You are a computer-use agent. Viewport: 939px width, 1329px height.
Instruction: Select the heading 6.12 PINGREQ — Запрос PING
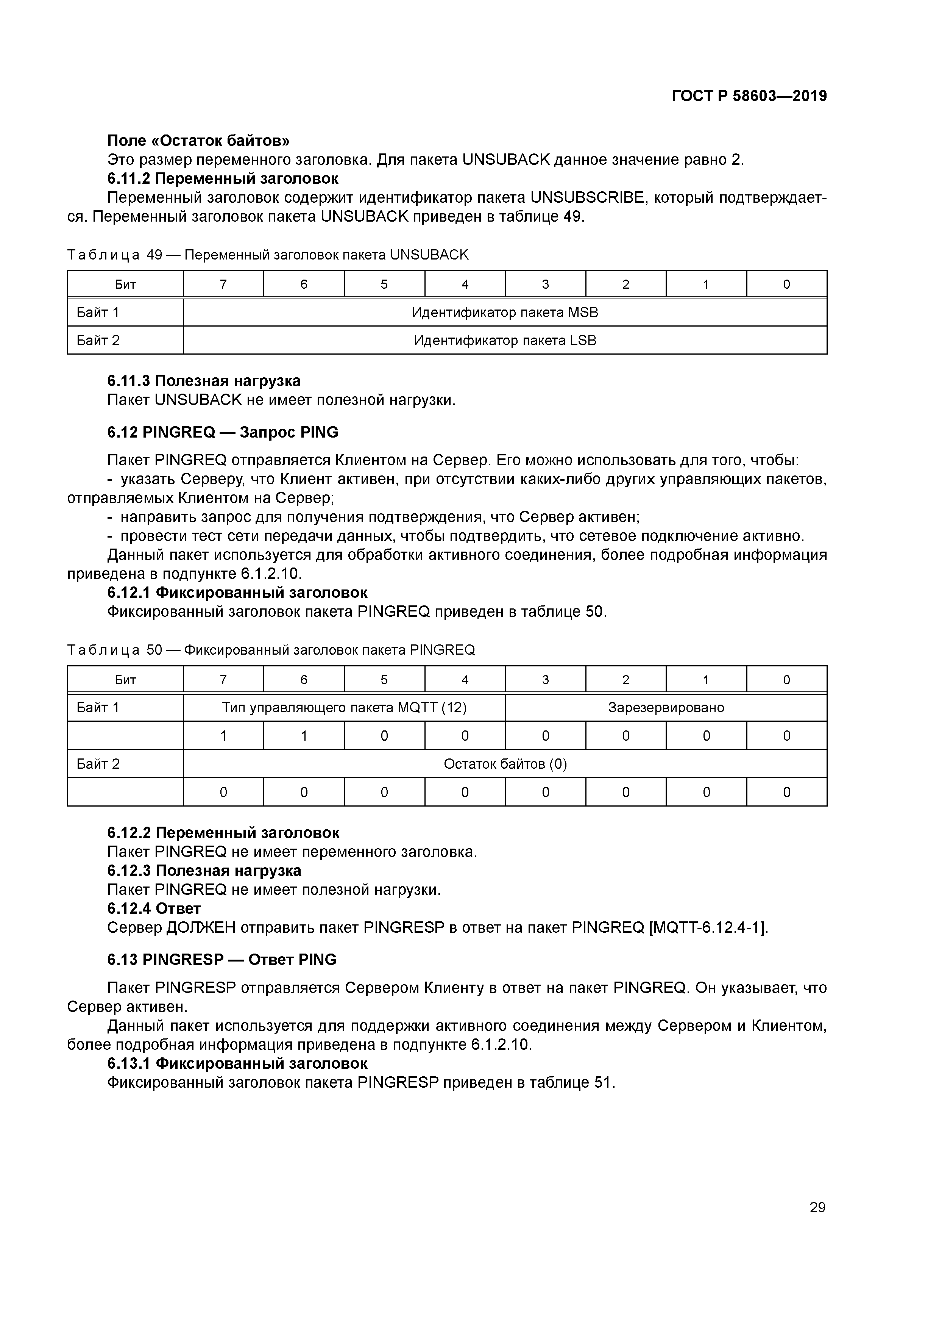pyautogui.click(x=223, y=432)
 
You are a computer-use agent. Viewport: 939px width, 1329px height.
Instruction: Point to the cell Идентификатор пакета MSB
pyautogui.click(x=504, y=313)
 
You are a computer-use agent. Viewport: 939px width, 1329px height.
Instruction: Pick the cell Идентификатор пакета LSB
pyautogui.click(x=504, y=340)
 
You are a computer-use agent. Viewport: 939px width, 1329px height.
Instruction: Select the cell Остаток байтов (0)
pyautogui.click(x=504, y=764)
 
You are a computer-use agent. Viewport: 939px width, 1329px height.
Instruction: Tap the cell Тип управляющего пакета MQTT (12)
pyautogui.click(x=344, y=707)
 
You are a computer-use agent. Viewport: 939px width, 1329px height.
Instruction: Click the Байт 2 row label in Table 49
pyautogui.click(x=98, y=340)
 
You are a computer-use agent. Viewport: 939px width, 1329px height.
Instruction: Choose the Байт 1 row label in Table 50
pyautogui.click(x=98, y=707)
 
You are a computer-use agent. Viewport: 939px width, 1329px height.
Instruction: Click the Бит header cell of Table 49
pyautogui.click(x=125, y=284)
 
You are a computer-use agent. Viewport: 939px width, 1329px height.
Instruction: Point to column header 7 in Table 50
pyautogui.click(x=223, y=680)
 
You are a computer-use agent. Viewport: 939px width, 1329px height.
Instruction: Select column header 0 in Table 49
pyautogui.click(x=786, y=284)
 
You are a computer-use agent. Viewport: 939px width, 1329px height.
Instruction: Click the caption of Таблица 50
pyautogui.click(x=271, y=650)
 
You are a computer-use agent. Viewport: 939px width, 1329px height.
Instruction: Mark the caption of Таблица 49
pyautogui.click(x=267, y=255)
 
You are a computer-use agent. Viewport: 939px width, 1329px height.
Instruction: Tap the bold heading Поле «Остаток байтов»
pyautogui.click(x=198, y=141)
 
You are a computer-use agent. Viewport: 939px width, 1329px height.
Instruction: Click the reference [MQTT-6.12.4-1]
pyautogui.click(x=709, y=928)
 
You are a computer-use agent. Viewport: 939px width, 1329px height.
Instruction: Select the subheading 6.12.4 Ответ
pyautogui.click(x=154, y=909)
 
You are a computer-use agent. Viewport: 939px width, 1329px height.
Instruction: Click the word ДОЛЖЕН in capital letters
pyautogui.click(x=201, y=928)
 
